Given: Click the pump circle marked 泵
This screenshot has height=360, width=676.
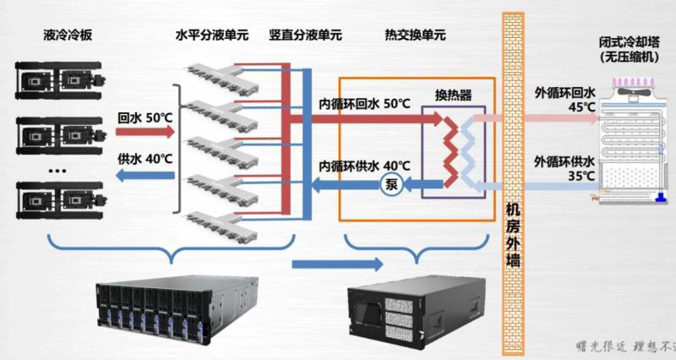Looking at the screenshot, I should [x=391, y=185].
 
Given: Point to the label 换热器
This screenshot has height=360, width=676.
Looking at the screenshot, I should [x=453, y=94].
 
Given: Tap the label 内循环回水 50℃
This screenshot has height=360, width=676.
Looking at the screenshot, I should [x=364, y=104].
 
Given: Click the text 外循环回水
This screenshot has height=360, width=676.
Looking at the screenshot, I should [x=565, y=93].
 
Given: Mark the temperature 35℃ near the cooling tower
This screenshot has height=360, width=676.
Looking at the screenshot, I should [x=580, y=176].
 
